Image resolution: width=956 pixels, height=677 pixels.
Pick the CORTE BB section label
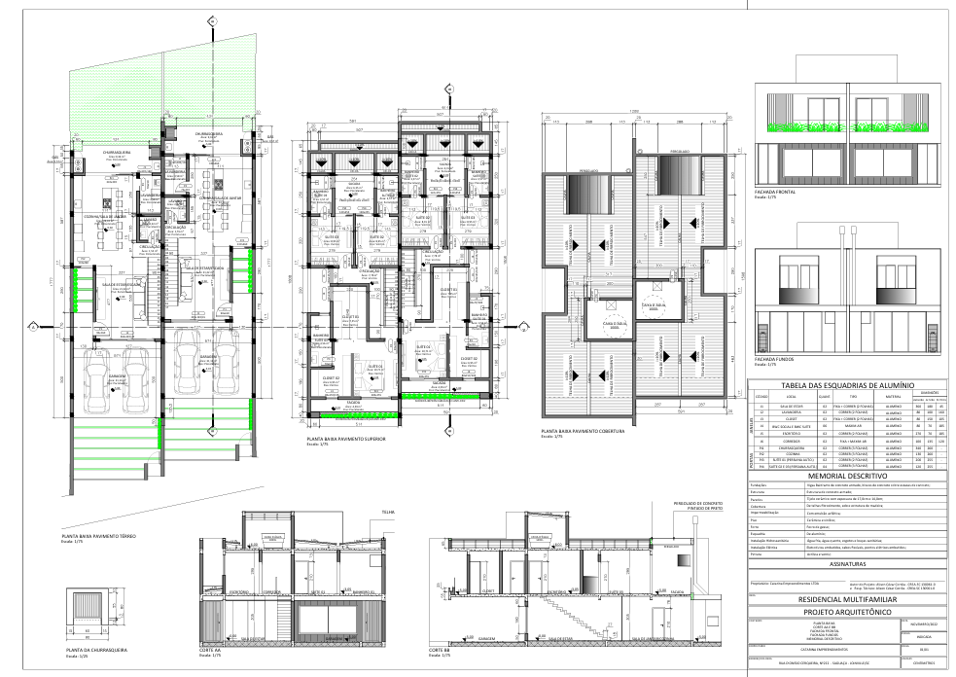[x=439, y=650]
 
